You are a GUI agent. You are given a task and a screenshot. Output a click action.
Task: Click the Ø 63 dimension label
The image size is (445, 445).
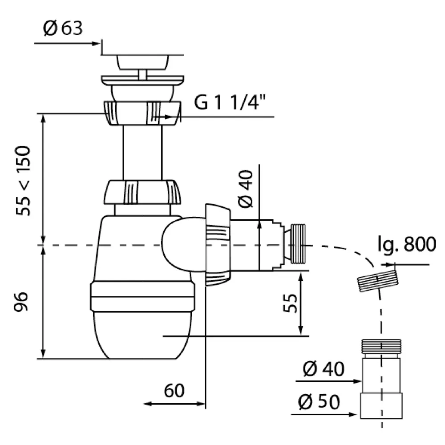[x=63, y=29]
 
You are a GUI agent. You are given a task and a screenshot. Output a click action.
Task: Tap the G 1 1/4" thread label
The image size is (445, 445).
[x=227, y=104]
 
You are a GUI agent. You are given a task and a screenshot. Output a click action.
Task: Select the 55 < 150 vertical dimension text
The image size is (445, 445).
[x=24, y=180]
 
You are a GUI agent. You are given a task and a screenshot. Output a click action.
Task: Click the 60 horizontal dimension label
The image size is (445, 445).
[x=174, y=391]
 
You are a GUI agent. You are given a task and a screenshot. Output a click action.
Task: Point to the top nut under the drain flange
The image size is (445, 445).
[x=142, y=112]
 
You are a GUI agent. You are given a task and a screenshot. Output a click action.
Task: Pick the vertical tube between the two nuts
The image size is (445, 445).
[x=142, y=151]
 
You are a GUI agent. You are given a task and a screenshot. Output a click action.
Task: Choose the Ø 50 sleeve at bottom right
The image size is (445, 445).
[x=381, y=405]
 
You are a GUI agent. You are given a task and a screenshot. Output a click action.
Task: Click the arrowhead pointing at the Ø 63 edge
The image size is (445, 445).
[x=97, y=43]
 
